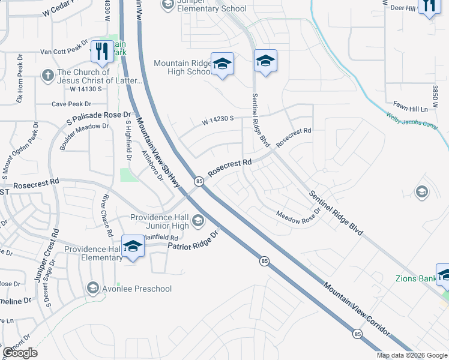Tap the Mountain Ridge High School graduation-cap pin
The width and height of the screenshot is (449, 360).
pos(222,64)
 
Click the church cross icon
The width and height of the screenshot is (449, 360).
pos(47,76)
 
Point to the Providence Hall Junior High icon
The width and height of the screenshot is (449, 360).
pos(197,223)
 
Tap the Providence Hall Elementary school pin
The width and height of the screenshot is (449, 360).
pos(133,246)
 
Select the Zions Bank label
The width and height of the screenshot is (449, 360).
pos(415,278)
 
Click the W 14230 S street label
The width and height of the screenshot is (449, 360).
pos(217,121)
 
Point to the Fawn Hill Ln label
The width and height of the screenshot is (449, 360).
pos(410,109)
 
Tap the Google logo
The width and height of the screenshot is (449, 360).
pos(20,353)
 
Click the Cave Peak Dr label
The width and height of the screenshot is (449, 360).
pos(71,103)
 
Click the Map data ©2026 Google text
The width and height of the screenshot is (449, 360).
pos(412,355)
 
